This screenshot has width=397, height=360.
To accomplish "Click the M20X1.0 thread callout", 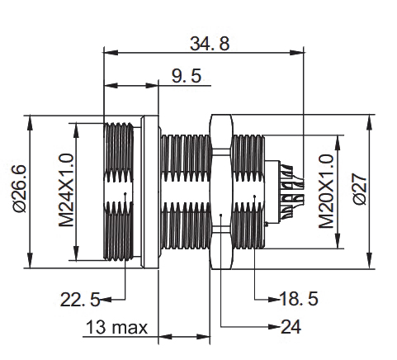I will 326,191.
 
